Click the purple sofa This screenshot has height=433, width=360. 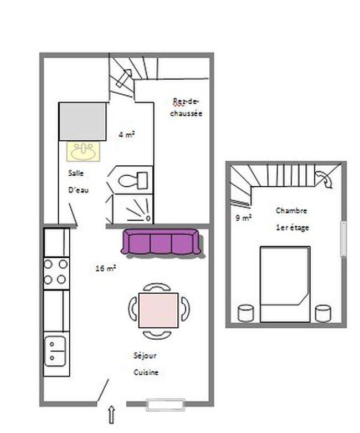162,242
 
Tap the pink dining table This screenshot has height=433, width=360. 158,310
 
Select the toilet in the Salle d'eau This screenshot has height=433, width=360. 133,180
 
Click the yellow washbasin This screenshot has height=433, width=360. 83,151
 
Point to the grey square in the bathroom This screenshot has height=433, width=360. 83,121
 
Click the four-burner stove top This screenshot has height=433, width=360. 56,272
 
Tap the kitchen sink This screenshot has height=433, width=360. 55,352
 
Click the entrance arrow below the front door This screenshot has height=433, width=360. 111,415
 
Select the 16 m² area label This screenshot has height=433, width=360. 105,268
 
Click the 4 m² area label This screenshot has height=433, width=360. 127,135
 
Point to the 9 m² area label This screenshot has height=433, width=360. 243,218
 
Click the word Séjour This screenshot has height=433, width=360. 145,356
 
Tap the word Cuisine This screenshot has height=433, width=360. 146,372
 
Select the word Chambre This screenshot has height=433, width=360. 291,211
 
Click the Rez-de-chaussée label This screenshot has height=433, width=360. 186,108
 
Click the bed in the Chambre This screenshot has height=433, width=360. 285,284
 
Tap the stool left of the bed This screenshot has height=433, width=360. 246,313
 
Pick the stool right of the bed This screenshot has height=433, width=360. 323,313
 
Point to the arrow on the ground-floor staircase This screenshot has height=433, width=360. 124,78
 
